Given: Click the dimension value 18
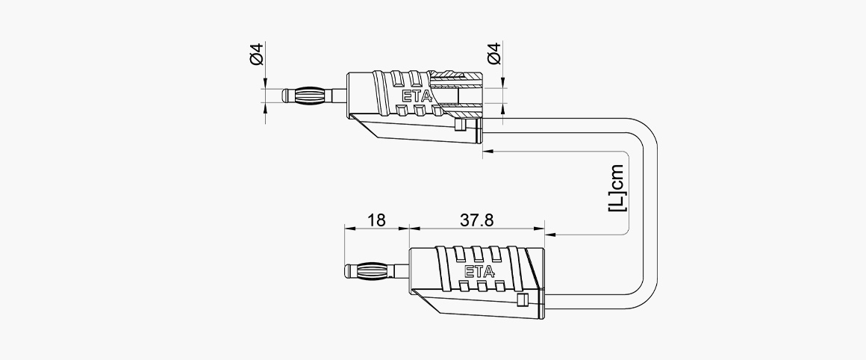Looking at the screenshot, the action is pos(376,220).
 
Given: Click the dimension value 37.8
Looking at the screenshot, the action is pos(476,220).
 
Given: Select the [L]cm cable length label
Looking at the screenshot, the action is pos(617,187).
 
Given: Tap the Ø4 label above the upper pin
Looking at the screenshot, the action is pos(258,54).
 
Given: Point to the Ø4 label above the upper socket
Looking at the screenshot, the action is pos(493,54).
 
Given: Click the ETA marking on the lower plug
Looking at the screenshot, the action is pos(479,272).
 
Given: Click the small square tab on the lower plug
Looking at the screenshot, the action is pos(522,300).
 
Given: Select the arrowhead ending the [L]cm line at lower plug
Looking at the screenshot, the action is pos(550,235).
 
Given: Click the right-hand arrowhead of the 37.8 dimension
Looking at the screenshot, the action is pos(539,228).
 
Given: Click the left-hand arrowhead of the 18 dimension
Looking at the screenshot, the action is pos(350,228).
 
